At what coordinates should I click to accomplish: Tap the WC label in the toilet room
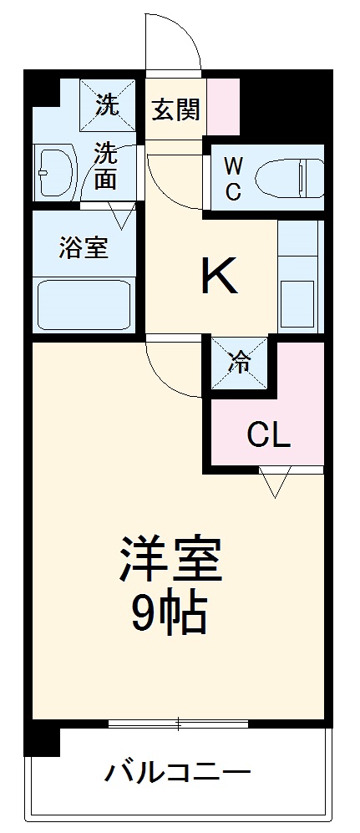pyautogui.click(x=234, y=177)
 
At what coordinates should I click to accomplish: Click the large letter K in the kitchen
pyautogui.click(x=220, y=278)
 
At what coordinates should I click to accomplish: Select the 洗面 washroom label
pyautogui.click(x=105, y=165)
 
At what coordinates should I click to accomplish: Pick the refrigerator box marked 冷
pyautogui.click(x=240, y=363)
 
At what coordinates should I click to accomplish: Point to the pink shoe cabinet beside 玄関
pyautogui.click(x=223, y=106)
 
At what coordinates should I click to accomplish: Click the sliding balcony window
pyautogui.click(x=179, y=723)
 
